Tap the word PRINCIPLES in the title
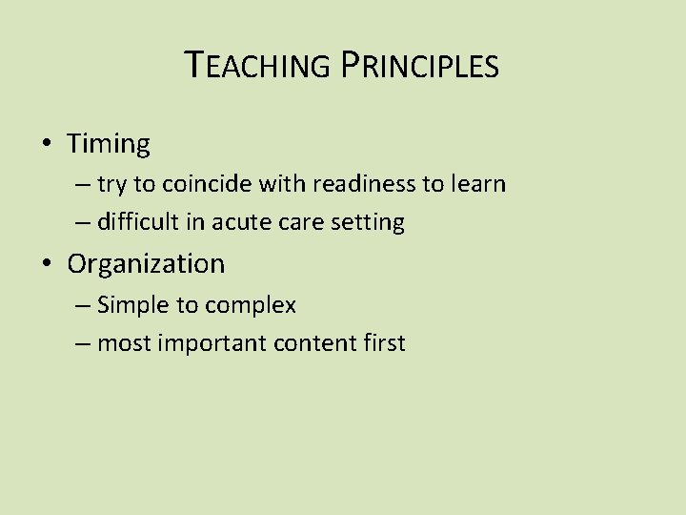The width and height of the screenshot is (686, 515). pos(418,66)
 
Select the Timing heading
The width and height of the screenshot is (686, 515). pos(109,144)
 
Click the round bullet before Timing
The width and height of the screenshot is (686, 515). pos(47,145)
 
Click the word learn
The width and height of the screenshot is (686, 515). pos(477,184)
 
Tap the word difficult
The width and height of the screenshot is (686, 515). pos(134,223)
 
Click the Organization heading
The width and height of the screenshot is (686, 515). pos(146,263)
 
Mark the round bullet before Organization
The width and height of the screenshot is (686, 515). pos(47,264)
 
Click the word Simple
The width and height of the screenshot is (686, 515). pos(131,305)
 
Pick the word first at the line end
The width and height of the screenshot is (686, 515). pos(384,343)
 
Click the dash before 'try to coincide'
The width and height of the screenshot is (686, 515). pos(82,185)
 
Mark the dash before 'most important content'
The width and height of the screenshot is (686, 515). pos(82,344)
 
